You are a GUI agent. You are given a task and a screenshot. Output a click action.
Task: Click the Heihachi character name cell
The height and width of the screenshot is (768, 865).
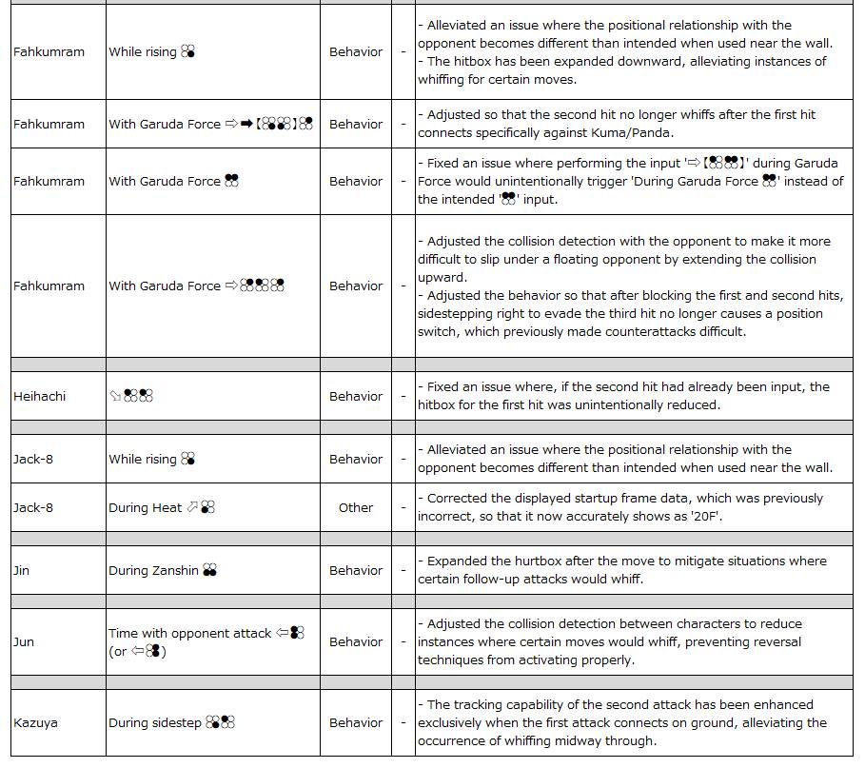40,396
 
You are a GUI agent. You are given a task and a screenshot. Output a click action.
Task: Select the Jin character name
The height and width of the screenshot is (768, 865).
22,570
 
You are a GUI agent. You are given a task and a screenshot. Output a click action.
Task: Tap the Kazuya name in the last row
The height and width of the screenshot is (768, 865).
35,722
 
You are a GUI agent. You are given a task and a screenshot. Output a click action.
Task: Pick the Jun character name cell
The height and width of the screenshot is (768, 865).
24,641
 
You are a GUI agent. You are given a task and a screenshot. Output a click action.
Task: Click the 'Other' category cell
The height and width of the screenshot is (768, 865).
356,507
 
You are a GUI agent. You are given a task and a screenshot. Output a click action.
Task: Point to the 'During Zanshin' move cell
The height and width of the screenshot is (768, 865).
153,570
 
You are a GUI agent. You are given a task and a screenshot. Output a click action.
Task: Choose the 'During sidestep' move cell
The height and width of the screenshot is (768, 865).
155,722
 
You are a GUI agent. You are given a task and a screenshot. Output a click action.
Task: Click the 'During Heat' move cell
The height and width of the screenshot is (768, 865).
145,507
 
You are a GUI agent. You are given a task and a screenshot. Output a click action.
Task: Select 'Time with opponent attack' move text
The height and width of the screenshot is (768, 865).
189,633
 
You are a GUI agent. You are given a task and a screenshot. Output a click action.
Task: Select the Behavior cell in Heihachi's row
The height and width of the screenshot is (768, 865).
356,396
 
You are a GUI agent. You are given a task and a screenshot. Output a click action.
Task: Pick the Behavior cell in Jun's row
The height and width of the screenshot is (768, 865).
356,641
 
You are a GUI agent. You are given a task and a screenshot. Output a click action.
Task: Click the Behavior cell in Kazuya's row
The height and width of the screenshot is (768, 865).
356,722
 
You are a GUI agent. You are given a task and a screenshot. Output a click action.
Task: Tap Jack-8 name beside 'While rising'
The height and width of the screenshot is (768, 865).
33,459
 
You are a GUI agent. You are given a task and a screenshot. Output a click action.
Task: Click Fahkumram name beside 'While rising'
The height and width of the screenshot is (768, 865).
49,51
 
